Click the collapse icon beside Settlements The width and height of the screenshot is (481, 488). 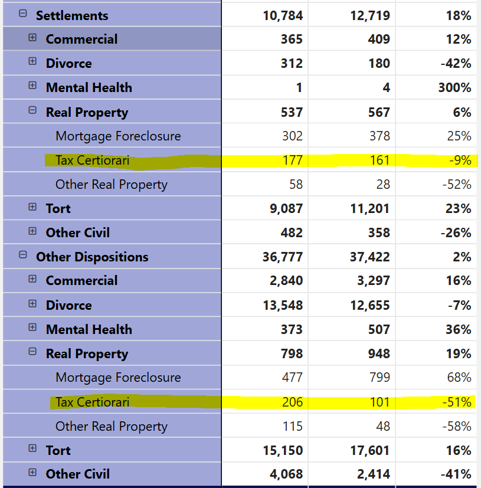point(23,14)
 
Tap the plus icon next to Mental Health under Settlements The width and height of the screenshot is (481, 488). point(32,86)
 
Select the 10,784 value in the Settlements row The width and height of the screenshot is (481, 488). point(283,15)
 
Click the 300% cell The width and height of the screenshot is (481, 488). point(454,87)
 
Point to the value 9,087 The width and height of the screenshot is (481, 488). point(286,208)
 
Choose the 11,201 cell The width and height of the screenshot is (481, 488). point(370,208)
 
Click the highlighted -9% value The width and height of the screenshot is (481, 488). point(460,161)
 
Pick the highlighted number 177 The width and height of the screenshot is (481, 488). point(292,161)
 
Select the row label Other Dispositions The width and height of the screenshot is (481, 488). point(92,257)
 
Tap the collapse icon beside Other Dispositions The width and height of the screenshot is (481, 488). point(23,255)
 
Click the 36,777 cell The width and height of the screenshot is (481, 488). point(282,257)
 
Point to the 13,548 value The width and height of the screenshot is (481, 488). point(283,305)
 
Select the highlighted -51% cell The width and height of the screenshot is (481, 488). point(457,402)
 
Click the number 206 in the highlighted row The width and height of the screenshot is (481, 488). point(292,402)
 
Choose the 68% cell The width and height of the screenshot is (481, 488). point(459,378)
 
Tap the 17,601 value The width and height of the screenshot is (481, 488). point(370,450)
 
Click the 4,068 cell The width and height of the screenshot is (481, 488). point(286,474)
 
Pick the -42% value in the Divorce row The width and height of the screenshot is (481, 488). point(456,64)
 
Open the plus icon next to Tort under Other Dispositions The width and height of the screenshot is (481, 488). point(32,448)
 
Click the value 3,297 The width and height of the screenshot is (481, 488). point(373,281)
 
